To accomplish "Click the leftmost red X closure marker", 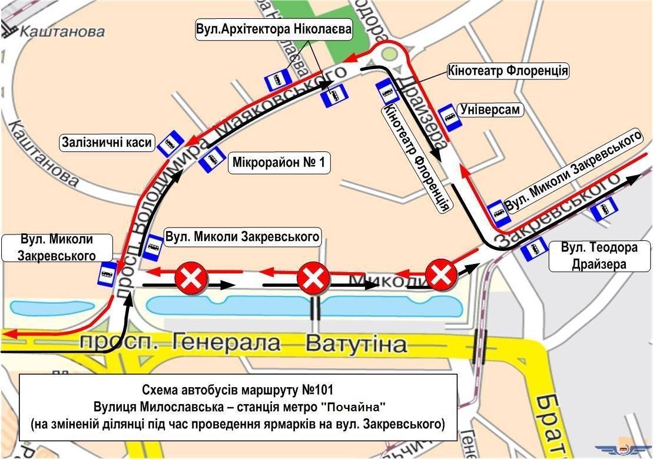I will (x=191, y=278).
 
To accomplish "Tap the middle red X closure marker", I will (x=314, y=278).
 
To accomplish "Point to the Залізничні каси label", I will (x=108, y=143).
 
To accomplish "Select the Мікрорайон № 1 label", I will (x=279, y=162).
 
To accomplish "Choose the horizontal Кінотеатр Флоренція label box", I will (x=508, y=71).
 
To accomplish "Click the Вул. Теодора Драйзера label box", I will (x=599, y=255).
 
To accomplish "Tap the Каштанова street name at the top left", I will (x=62, y=31).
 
